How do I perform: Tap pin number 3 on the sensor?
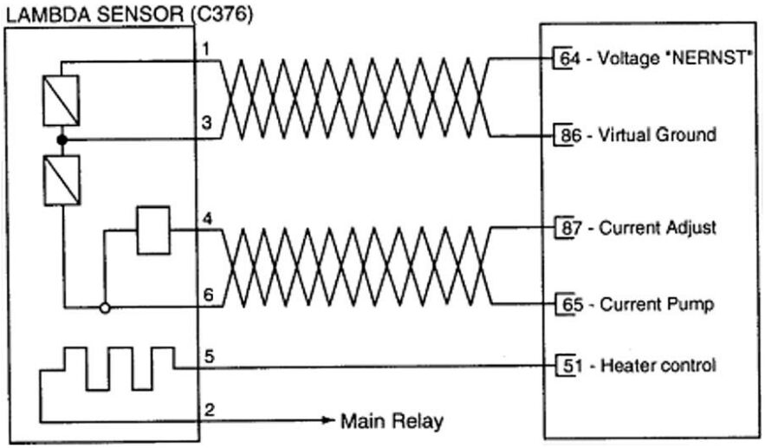click(205, 123)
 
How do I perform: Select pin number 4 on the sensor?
click(205, 217)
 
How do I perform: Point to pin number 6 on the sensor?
click(205, 294)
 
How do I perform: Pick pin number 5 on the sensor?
click(205, 354)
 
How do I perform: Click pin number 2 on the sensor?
click(205, 409)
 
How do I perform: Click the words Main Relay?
click(392, 422)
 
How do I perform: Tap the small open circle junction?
click(104, 307)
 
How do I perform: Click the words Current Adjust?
click(664, 228)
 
